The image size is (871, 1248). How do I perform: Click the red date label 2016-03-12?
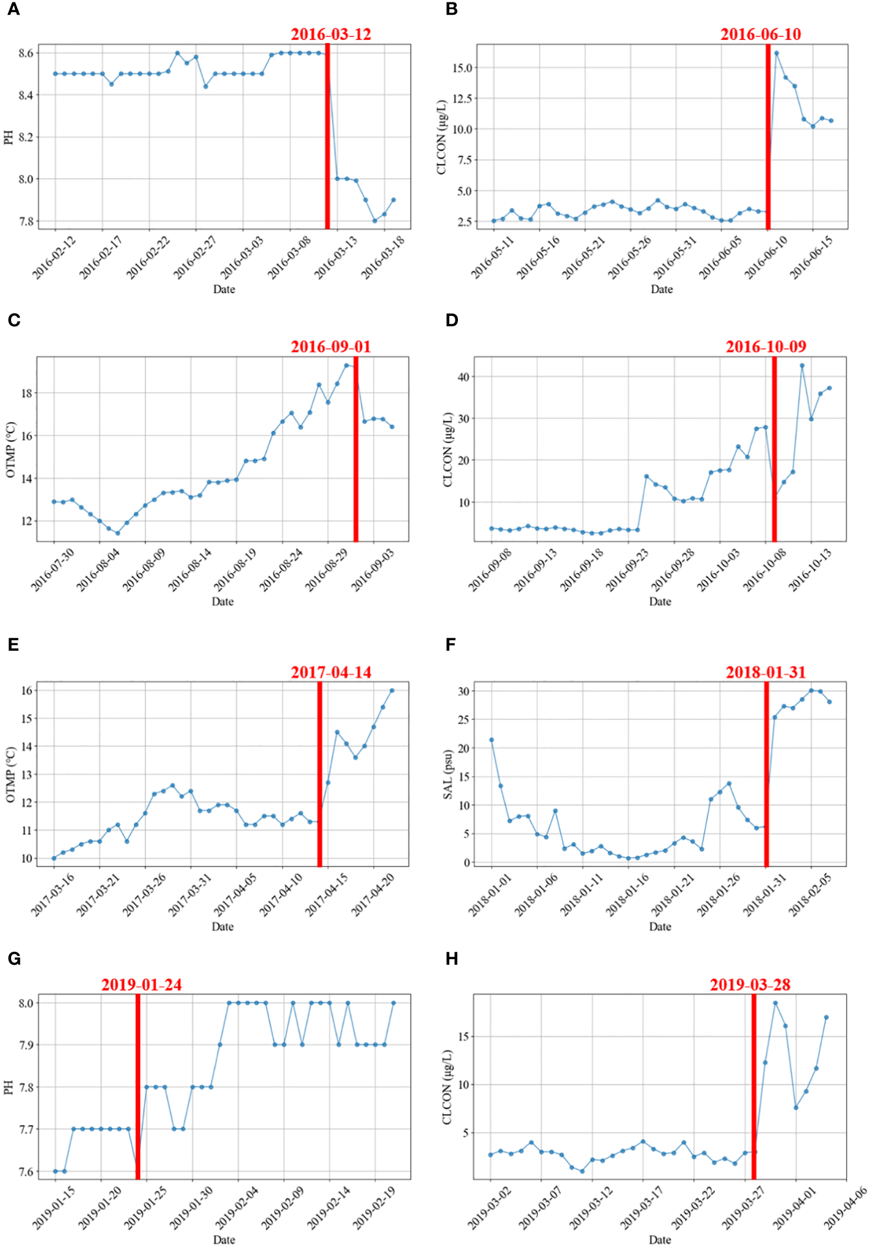[331, 34]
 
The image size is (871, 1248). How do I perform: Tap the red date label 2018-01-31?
[765, 672]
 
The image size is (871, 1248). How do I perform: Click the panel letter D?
[451, 320]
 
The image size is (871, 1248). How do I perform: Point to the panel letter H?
[452, 959]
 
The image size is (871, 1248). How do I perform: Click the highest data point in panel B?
[776, 53]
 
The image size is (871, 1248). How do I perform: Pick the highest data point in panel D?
[802, 366]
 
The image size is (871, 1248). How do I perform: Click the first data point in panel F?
[491, 740]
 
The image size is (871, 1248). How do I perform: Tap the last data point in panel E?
[392, 691]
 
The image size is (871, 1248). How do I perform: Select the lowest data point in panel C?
[117, 533]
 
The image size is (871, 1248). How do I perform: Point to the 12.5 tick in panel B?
[462, 98]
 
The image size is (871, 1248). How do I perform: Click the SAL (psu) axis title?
[448, 774]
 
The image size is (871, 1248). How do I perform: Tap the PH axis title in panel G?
[9, 1088]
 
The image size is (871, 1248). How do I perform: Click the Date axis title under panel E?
[223, 926]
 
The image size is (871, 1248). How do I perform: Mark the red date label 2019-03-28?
[750, 985]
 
